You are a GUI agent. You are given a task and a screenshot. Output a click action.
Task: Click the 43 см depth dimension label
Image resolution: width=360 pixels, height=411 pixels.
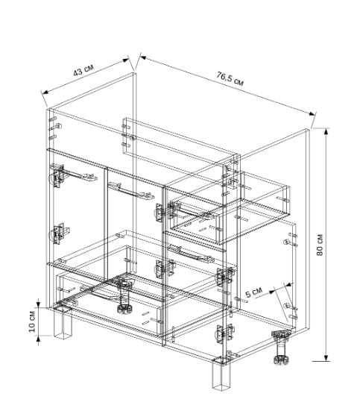[83, 69]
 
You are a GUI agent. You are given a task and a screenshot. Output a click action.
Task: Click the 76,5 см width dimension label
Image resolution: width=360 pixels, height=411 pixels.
[230, 78]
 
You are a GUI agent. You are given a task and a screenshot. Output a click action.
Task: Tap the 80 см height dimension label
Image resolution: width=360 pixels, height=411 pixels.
[320, 245]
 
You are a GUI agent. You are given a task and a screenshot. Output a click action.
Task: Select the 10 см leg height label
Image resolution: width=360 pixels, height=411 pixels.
[32, 321]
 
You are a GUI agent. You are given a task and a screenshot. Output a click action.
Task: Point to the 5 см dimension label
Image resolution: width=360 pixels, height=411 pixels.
[253, 292]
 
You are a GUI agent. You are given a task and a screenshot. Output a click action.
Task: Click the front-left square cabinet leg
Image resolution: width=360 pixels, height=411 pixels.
[63, 323]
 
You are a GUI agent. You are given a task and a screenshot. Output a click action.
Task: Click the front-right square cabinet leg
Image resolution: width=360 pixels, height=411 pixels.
[221, 375]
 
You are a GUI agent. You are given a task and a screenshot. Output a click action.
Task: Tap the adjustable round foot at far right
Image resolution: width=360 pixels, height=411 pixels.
[281, 348]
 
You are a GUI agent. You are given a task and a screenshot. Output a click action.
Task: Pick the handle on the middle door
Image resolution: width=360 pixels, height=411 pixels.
[130, 192]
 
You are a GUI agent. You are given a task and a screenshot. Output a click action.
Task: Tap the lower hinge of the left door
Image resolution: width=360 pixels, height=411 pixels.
[58, 233]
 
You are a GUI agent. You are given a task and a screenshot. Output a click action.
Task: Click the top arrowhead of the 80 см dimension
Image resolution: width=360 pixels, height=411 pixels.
[326, 131]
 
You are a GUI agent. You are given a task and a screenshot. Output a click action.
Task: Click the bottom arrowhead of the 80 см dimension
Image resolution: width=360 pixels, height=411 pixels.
[326, 358]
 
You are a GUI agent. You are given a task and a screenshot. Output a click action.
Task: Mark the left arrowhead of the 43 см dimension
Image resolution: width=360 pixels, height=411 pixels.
[45, 92]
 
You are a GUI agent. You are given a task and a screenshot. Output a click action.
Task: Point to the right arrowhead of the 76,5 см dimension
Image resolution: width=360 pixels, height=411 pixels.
[312, 113]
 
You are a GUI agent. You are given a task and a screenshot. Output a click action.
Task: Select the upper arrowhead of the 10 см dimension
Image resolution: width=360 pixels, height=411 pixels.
[38, 304]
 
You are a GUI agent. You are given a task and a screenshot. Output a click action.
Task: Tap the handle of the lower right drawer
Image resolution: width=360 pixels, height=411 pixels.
[192, 253]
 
